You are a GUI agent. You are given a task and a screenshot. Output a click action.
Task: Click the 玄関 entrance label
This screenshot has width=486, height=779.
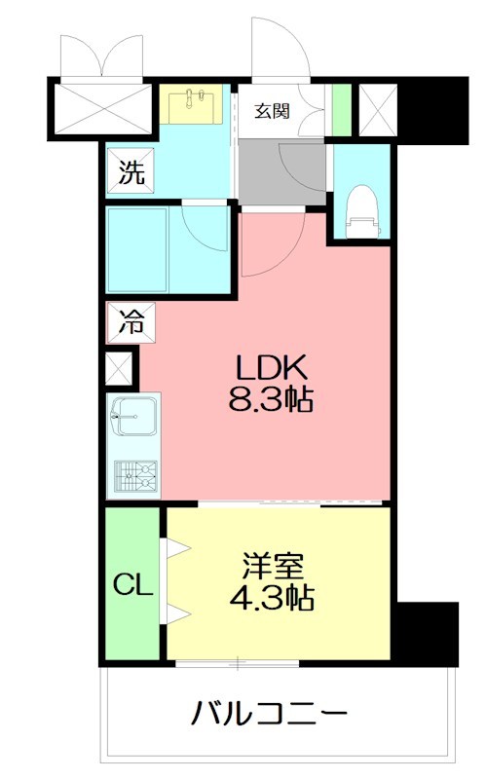click(x=273, y=110)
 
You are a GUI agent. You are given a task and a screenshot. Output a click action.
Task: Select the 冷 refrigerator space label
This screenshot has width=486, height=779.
click(x=131, y=321)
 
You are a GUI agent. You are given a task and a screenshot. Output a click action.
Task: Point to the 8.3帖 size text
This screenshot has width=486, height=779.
click(x=274, y=398)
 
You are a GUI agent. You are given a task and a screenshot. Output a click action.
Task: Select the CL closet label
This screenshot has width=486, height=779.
click(x=131, y=585)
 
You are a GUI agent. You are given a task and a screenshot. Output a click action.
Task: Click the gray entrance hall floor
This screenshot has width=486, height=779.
click(x=282, y=170)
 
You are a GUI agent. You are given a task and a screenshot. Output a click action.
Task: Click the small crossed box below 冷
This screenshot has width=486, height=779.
click(x=120, y=369)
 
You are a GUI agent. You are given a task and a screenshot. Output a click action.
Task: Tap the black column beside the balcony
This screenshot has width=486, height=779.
click(x=425, y=633)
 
